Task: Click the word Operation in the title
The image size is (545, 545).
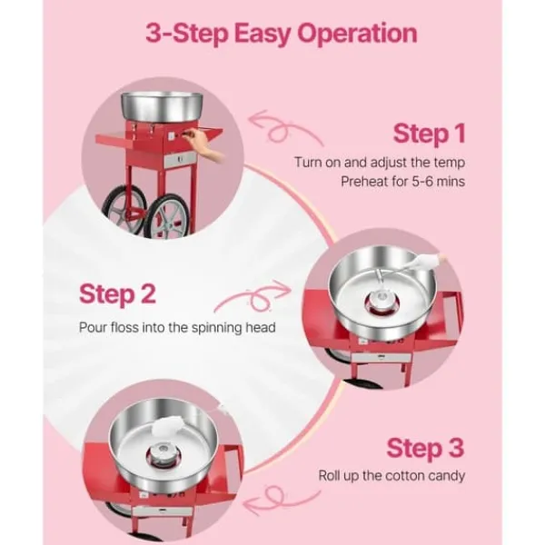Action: tap(357, 34)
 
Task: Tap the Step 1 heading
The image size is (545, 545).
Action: tap(429, 134)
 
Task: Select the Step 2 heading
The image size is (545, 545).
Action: tap(117, 294)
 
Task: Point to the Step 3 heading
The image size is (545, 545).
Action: tap(425, 449)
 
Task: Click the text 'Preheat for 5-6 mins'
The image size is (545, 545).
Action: tap(402, 182)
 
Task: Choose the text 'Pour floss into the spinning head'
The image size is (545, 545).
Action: tap(177, 328)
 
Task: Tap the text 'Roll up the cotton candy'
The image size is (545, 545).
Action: tap(391, 475)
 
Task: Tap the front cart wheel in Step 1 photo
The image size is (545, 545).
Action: tap(167, 217)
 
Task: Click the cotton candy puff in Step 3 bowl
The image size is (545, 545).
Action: tap(165, 426)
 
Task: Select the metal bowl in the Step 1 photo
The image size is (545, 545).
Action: tap(163, 106)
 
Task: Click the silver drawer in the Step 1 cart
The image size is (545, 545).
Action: tap(180, 160)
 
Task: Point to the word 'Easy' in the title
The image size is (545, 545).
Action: tap(263, 35)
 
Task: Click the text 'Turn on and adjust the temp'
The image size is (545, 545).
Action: tap(380, 163)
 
